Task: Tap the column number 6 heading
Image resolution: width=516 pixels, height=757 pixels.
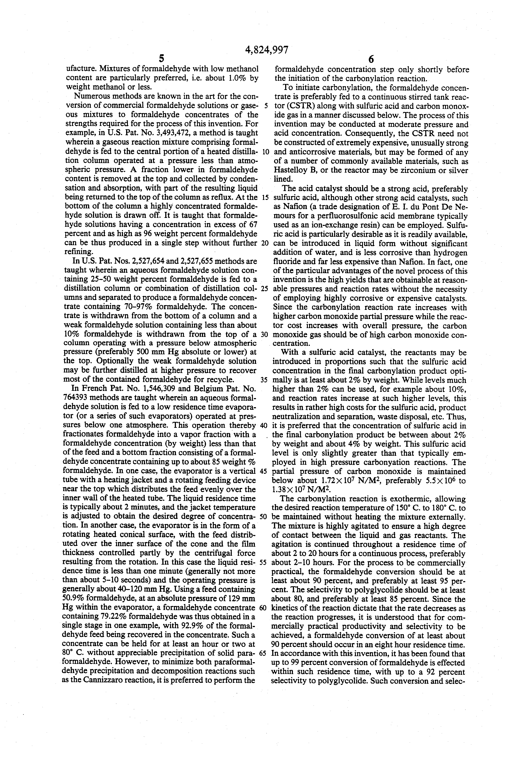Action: click(x=371, y=59)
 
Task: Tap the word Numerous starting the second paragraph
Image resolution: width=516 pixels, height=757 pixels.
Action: click(x=90, y=96)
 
